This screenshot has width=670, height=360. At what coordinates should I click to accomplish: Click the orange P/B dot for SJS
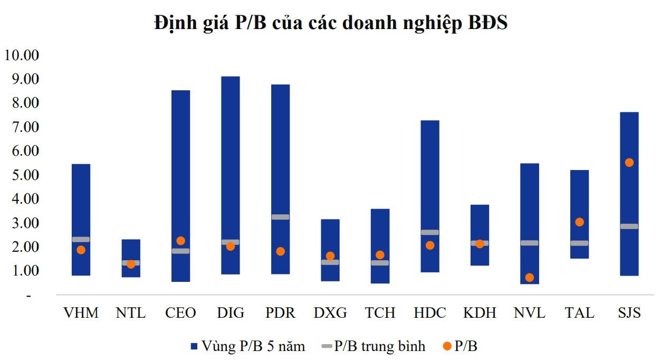point(629,163)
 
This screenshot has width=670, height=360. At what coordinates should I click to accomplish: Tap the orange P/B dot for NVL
point(529,278)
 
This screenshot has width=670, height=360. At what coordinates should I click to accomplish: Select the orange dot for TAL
point(579,222)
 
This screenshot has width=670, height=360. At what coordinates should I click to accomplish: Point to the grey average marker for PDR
point(280,217)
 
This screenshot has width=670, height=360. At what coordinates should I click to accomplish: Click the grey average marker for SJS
point(629,226)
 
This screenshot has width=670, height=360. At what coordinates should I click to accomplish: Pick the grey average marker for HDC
point(429,232)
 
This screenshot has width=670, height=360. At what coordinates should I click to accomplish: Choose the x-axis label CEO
point(180,313)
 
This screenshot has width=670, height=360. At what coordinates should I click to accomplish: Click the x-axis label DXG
point(330,313)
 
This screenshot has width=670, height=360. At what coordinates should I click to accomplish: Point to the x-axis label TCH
point(380,313)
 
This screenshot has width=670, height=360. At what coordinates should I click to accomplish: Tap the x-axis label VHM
point(81,313)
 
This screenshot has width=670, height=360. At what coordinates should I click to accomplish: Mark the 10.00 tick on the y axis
point(22,55)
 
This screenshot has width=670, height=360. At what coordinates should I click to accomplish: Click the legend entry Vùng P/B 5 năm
point(247,346)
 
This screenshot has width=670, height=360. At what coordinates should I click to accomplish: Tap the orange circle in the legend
point(447,346)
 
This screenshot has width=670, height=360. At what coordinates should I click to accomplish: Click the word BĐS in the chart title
point(487,23)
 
